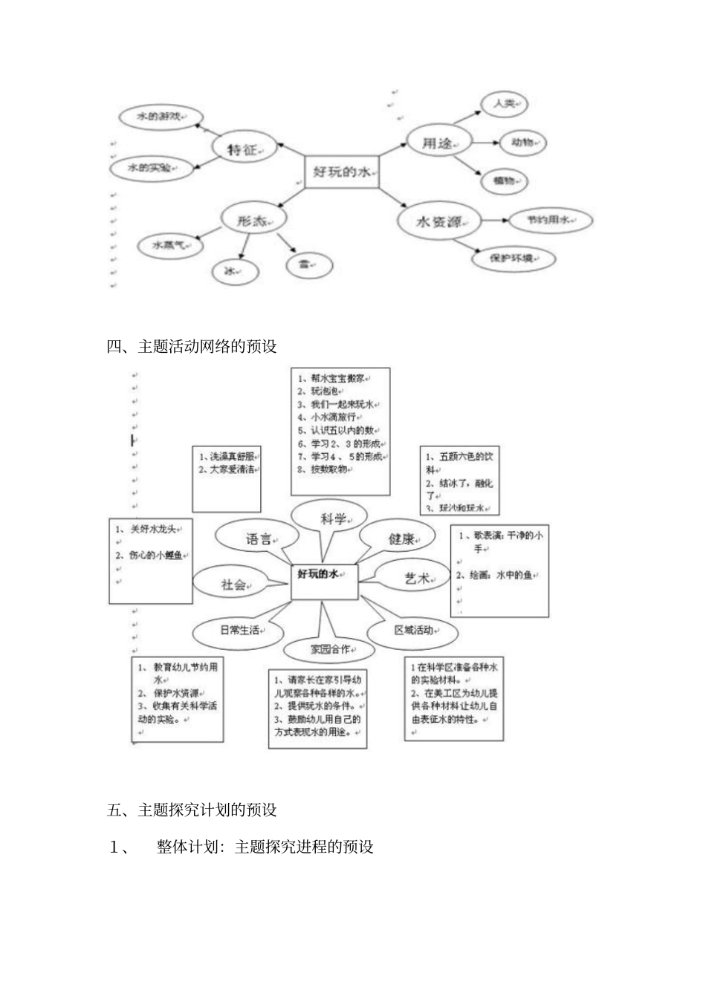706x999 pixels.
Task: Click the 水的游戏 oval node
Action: coord(158,117)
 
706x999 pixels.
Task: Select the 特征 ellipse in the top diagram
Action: coord(244,149)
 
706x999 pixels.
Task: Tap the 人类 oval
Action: coord(504,105)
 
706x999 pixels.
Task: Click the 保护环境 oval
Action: coord(514,259)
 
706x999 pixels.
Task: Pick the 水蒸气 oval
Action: coord(171,244)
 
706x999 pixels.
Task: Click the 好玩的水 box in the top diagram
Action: coord(341,172)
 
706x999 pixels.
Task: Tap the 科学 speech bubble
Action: coord(332,518)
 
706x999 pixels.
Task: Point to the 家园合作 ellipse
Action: coord(330,648)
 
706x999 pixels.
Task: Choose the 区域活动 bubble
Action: coord(415,630)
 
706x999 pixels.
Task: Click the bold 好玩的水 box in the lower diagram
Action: coord(324,582)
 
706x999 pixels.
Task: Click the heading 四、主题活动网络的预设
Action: coord(192,346)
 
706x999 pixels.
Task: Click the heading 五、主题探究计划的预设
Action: coord(192,810)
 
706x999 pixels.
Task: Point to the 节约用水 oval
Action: coord(548,221)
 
